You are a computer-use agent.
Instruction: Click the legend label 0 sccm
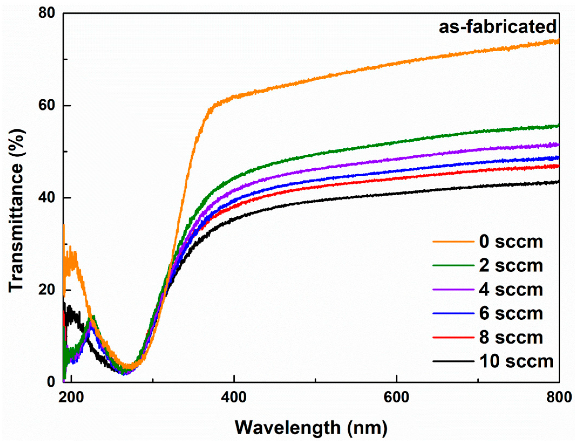tap(511, 242)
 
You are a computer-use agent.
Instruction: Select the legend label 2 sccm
tap(511, 266)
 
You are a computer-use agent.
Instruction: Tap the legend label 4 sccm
tap(511, 290)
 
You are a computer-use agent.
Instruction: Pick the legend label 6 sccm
tap(511, 314)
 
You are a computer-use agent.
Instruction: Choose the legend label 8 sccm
tap(511, 338)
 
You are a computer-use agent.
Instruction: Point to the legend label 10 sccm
tap(516, 361)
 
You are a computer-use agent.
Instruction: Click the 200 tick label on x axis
tap(71, 398)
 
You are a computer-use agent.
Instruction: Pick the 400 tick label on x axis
tap(234, 398)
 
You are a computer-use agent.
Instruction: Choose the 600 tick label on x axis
tap(397, 398)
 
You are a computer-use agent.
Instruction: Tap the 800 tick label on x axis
tap(559, 398)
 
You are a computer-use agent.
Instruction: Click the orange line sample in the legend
tap(453, 242)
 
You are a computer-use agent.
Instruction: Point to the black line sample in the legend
tap(453, 361)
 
